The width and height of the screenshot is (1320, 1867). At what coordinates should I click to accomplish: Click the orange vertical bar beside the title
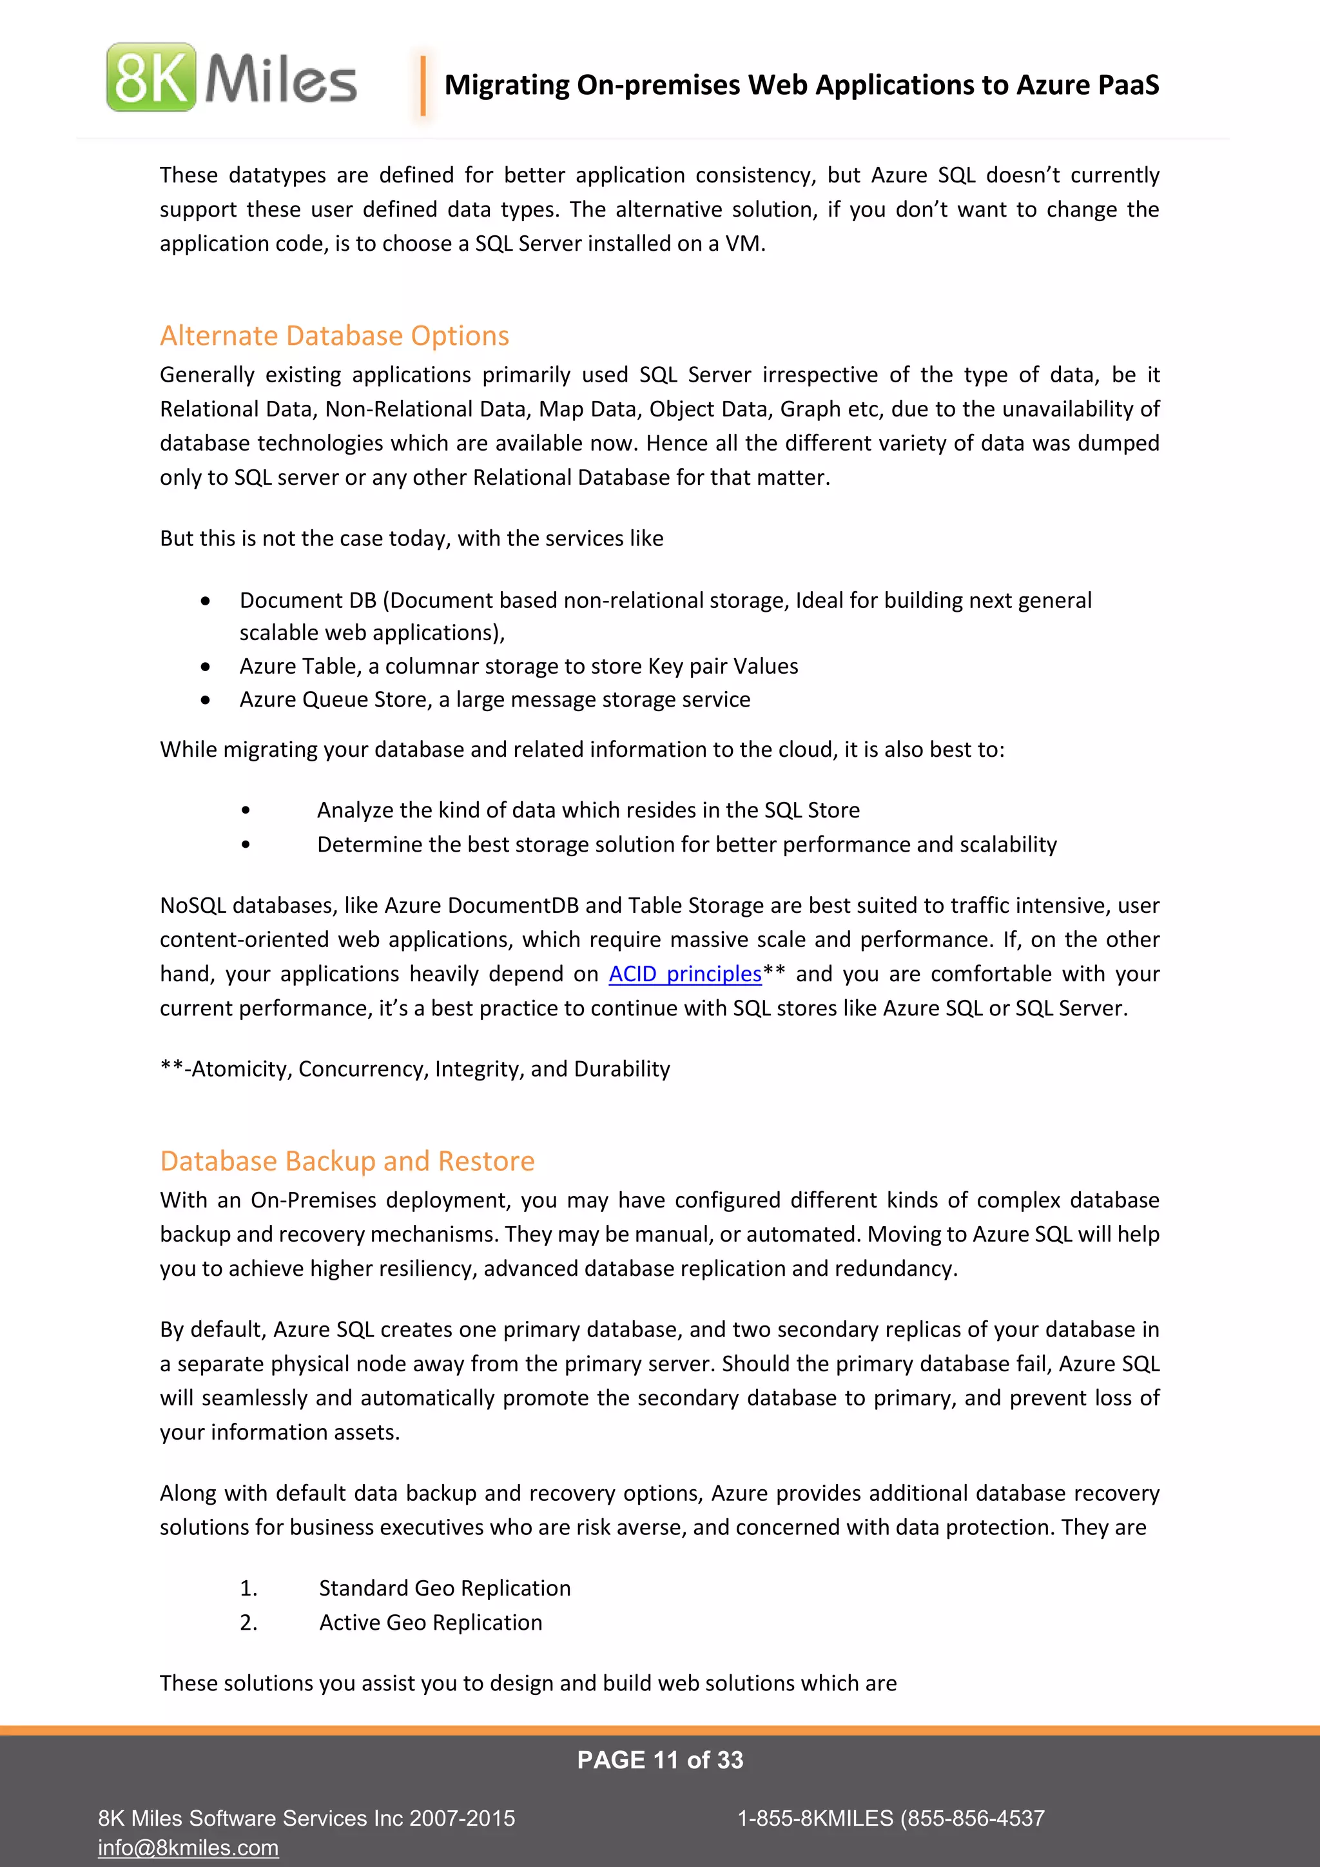pos(423,84)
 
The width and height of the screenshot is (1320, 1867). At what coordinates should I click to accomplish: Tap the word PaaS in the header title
pos(1128,84)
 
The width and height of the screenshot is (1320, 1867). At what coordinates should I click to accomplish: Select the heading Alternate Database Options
pos(334,335)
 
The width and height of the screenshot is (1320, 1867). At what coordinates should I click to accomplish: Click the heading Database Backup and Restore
pos(347,1160)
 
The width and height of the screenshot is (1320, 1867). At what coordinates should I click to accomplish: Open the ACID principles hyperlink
pos(684,973)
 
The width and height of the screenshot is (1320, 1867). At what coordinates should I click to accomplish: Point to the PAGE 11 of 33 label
pos(659,1760)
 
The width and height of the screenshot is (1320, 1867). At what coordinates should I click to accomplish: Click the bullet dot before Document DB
pos(206,601)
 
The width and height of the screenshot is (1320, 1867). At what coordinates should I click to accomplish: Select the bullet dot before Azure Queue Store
pos(206,700)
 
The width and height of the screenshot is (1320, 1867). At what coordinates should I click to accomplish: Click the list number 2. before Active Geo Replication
pos(248,1622)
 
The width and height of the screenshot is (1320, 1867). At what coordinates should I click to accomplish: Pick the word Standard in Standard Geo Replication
pos(362,1588)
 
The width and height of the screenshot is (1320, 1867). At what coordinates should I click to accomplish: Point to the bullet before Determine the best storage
pos(246,845)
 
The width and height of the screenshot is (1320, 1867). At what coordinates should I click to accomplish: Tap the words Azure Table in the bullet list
pos(298,666)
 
